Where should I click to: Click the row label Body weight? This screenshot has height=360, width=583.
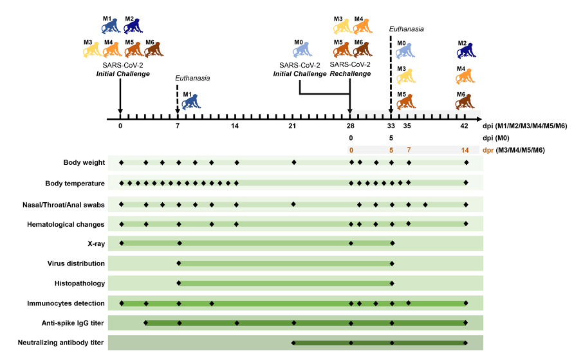(x=84, y=163)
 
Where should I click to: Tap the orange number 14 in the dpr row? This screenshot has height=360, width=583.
(x=465, y=149)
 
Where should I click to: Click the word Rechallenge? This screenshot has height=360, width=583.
(x=350, y=73)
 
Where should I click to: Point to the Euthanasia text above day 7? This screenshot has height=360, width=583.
(x=192, y=78)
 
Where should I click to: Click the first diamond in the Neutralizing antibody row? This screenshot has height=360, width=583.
(x=293, y=343)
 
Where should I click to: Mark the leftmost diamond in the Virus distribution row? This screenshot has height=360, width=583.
(x=179, y=263)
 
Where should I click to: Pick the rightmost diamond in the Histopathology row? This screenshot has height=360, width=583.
(x=391, y=283)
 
